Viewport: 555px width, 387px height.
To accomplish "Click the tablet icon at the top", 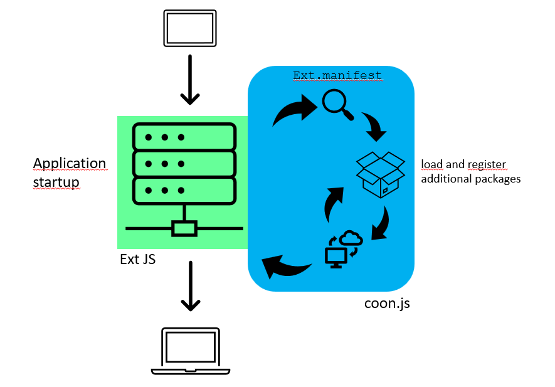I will [x=189, y=28].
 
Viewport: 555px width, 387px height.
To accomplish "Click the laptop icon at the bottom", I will [x=191, y=351].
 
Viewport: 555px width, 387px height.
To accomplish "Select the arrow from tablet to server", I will [x=189, y=80].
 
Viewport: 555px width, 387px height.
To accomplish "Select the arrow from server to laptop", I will [x=191, y=286].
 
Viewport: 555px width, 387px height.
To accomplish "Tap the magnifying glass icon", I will [x=337, y=104].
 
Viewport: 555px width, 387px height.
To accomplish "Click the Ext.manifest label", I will [x=337, y=76].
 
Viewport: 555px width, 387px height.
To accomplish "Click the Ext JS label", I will [x=137, y=259].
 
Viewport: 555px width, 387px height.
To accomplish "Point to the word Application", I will [x=70, y=164].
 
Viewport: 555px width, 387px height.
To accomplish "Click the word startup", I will [x=56, y=183].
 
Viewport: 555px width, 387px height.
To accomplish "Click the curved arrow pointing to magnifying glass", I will [x=294, y=111].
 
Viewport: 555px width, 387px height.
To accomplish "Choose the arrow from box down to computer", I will [x=381, y=223].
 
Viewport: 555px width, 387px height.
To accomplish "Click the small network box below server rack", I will [x=184, y=228].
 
